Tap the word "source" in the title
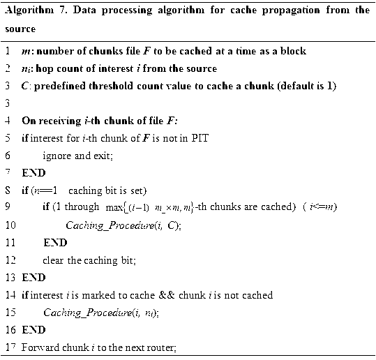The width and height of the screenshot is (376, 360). coord(20,30)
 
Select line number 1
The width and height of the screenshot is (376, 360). coord(6,52)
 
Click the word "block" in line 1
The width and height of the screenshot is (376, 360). coord(292,52)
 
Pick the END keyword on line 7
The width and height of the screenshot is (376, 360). coord(33,172)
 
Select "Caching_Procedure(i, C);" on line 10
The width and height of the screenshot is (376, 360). coord(123,225)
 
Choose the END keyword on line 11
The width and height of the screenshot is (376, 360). coord(55,243)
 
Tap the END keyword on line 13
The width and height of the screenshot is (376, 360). coord(33,278)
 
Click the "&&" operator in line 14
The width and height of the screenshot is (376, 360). coord(174,295)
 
